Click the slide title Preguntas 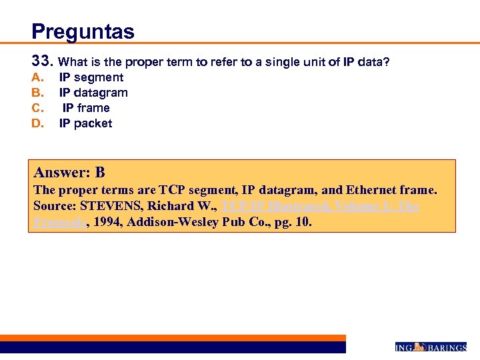(x=83, y=31)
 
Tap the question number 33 (x=41, y=61)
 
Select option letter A (x=37, y=77)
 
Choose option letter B (x=37, y=93)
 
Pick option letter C (x=37, y=108)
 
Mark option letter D (x=37, y=123)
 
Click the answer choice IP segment (x=91, y=77)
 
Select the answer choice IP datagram (x=93, y=93)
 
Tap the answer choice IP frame (x=86, y=108)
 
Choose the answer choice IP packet (x=86, y=123)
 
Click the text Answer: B (x=69, y=173)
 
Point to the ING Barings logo (x=431, y=347)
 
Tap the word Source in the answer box (x=55, y=206)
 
